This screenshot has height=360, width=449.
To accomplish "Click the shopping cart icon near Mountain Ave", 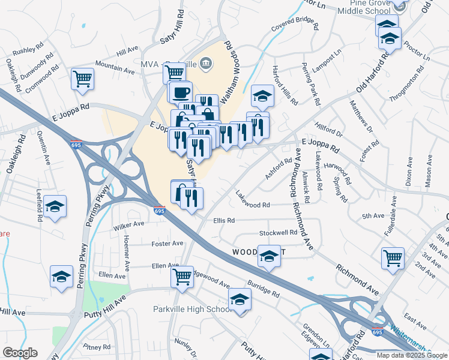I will click(82, 79).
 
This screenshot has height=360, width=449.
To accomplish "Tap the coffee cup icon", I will click(180, 92).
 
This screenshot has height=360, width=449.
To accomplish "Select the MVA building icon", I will click(205, 62).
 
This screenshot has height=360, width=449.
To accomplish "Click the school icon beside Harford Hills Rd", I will click(262, 95).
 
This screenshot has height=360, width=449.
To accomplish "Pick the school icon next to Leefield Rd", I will click(55, 208).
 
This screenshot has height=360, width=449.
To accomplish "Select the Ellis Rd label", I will click(223, 220).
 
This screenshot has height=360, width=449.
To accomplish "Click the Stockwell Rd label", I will click(278, 233).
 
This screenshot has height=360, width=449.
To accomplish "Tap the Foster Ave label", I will click(167, 244).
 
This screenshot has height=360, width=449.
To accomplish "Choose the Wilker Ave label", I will click(129, 224).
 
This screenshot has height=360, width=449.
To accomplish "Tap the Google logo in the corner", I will click(20, 353).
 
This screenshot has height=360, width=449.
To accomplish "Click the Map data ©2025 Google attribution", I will click(412, 355).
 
